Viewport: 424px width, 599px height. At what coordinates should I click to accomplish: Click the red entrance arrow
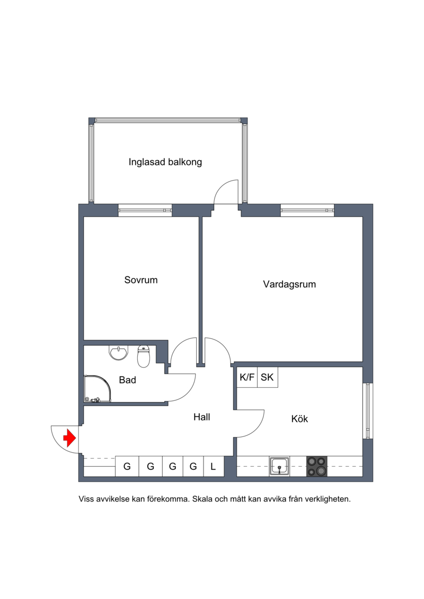point(69,438)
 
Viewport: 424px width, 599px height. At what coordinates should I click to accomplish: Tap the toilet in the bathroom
point(144,356)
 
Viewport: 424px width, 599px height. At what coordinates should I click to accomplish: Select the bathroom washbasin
point(119,353)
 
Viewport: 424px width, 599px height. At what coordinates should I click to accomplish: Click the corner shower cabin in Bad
point(98,388)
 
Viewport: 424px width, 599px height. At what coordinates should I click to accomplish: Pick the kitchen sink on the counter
point(279,466)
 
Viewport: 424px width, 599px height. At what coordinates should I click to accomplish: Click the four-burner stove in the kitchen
point(317,466)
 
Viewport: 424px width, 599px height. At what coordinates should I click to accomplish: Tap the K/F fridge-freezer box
point(247,378)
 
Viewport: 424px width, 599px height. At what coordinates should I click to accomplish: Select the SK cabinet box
point(267,378)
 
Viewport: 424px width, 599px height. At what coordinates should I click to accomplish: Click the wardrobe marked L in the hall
point(214,467)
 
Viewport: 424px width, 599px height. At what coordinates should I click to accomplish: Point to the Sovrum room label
point(140,280)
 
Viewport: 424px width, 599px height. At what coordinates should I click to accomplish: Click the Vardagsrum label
point(289,284)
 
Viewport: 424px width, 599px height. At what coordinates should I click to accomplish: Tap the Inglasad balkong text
point(165,162)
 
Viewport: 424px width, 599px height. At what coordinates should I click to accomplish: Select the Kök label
point(299,419)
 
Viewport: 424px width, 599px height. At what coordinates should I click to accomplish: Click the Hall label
point(201,417)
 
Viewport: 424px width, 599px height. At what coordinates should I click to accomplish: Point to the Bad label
point(127,380)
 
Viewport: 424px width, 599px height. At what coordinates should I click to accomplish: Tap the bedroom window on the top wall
point(145,210)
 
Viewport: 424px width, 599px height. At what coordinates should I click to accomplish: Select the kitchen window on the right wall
point(368,410)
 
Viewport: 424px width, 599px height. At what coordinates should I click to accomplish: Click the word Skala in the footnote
point(202,499)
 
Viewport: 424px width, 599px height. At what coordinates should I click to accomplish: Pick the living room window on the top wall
point(307,210)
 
